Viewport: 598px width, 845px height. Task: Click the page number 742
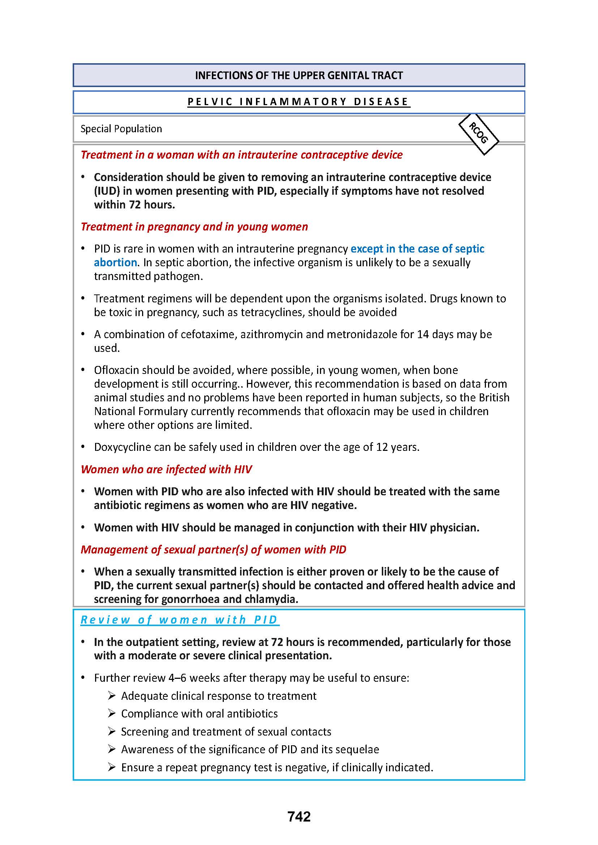click(x=299, y=816)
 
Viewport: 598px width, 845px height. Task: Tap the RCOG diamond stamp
click(x=478, y=133)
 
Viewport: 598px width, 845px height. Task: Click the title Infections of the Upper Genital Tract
click(x=299, y=76)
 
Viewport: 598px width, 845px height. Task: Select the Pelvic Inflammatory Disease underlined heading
click(x=299, y=102)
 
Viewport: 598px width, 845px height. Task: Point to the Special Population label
click(x=121, y=129)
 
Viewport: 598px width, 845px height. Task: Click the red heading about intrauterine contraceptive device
click(x=242, y=155)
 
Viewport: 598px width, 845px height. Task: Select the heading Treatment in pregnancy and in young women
click(x=194, y=227)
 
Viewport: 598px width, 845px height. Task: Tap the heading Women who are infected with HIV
click(x=166, y=469)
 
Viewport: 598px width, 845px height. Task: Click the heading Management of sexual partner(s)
click(x=213, y=549)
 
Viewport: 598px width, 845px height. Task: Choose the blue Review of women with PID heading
click(x=179, y=620)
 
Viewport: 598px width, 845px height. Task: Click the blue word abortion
click(x=115, y=262)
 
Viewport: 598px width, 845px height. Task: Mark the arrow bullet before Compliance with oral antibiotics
click(x=112, y=713)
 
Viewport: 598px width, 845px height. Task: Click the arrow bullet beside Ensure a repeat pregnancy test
click(x=112, y=767)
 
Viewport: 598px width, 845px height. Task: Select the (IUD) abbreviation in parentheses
click(x=107, y=191)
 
